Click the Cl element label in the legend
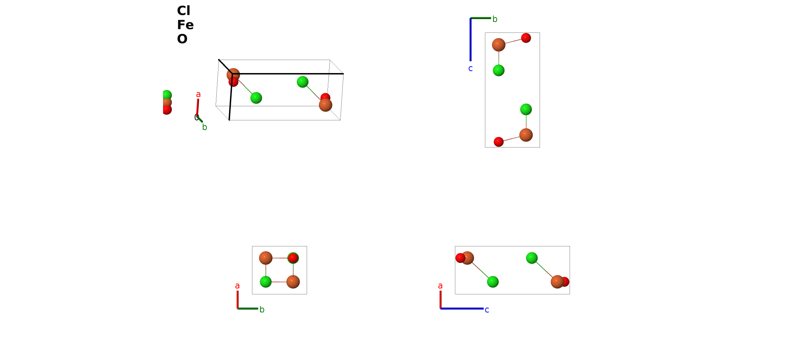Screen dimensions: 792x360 [184, 11]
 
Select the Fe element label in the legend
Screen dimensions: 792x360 [185, 25]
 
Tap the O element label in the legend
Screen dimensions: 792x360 [182, 39]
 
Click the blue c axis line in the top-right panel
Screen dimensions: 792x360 [470, 40]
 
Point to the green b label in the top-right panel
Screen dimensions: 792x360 [495, 19]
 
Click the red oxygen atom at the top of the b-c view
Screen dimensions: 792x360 [526, 38]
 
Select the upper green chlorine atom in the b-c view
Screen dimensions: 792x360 [499, 71]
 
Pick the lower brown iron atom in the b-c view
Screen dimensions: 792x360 [526, 135]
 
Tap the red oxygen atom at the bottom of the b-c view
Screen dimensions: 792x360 [499, 142]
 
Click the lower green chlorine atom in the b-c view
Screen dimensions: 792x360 [526, 109]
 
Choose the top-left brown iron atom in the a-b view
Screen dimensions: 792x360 [266, 258]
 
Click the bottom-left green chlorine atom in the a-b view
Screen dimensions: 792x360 [266, 282]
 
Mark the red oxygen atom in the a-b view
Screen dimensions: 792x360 [293, 258]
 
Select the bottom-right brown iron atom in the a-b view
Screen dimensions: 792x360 [293, 282]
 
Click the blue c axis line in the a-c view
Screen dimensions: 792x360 [462, 308]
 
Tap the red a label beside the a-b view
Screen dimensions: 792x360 [238, 286]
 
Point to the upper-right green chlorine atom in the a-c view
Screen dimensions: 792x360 [532, 258]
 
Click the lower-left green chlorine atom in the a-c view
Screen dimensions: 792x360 [493, 282]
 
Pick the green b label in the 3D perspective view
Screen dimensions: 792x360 [205, 127]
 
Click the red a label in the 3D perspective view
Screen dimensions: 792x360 [198, 95]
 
